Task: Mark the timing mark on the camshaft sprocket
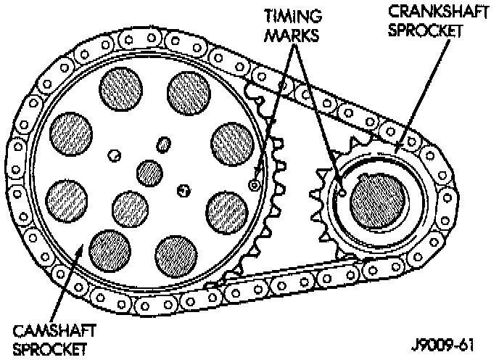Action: (254, 185)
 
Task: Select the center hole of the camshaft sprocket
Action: (151, 173)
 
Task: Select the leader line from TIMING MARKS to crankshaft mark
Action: (320, 116)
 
